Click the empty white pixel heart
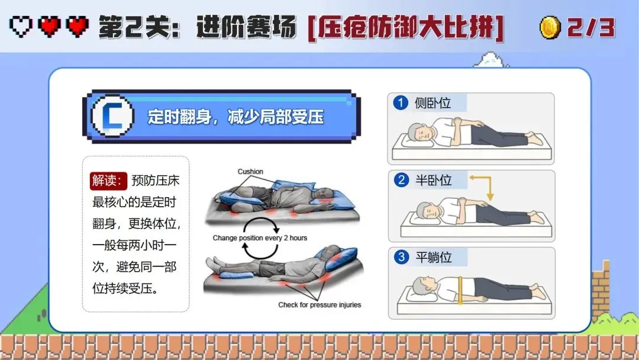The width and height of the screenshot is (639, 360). pyautogui.click(x=21, y=27)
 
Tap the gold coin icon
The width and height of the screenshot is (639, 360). pyautogui.click(x=550, y=27)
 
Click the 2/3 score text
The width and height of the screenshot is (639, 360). pyautogui.click(x=591, y=27)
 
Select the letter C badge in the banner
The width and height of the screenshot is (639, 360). pyautogui.click(x=112, y=116)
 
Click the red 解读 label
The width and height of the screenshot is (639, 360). pyautogui.click(x=108, y=180)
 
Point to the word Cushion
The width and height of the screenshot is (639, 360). pyautogui.click(x=250, y=172)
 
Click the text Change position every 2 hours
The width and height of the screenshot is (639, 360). pyautogui.click(x=260, y=237)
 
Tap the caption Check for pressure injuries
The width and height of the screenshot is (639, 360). pyautogui.click(x=319, y=304)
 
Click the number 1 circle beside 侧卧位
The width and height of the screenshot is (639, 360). pyautogui.click(x=401, y=102)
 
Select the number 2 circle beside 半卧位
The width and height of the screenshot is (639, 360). pyautogui.click(x=401, y=180)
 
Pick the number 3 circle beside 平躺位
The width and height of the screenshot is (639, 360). pyautogui.click(x=401, y=257)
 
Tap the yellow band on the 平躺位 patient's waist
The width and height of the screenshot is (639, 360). pyautogui.click(x=460, y=290)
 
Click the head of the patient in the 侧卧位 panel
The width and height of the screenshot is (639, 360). pyautogui.click(x=419, y=133)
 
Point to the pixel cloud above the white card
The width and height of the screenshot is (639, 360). pyautogui.click(x=491, y=60)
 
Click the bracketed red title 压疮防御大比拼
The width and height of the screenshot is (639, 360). pyautogui.click(x=406, y=28)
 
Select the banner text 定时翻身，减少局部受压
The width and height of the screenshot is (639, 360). pyautogui.click(x=235, y=117)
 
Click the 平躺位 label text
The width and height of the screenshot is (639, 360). pyautogui.click(x=434, y=257)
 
